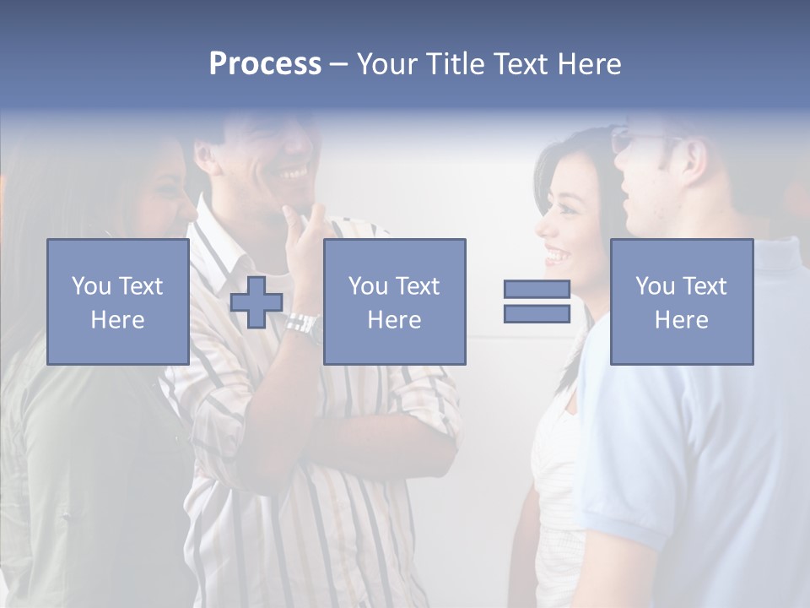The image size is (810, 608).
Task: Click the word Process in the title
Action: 265,64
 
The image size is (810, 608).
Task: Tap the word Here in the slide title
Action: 587,64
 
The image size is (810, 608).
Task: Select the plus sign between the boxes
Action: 256,302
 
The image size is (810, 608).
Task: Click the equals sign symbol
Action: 537,301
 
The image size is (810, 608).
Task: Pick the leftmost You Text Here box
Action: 118,302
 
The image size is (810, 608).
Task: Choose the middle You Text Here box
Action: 394,302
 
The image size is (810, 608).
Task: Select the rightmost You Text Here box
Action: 681,302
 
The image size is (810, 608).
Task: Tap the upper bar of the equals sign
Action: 537,290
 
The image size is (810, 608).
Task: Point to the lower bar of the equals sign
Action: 537,313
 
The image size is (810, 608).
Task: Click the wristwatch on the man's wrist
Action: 301,323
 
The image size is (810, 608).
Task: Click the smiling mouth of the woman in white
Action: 556,253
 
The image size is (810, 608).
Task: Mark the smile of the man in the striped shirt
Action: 293,174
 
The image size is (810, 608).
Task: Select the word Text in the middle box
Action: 416,286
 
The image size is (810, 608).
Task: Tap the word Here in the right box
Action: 681,320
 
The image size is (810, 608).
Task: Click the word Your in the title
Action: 389,64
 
